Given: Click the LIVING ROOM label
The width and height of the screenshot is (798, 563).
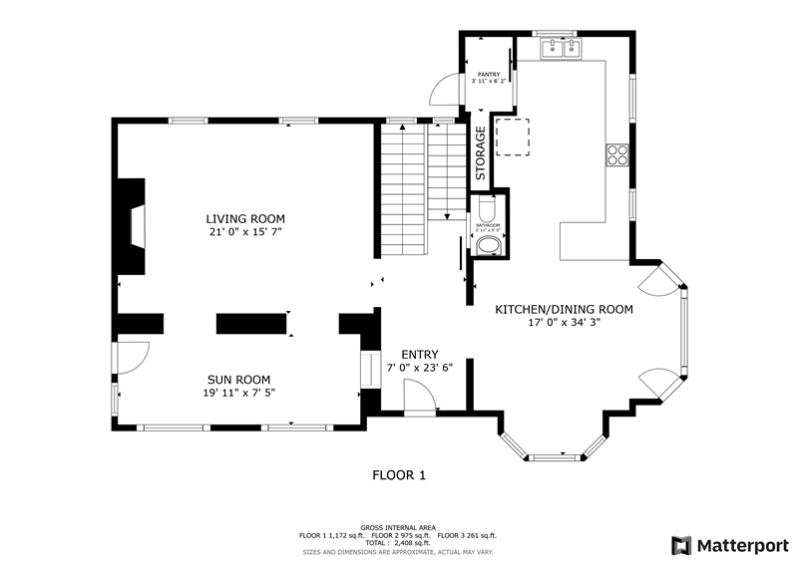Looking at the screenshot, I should [x=245, y=219].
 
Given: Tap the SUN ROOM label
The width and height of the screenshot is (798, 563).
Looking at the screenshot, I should [x=239, y=379].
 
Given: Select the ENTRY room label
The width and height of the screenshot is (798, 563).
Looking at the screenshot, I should [x=419, y=355].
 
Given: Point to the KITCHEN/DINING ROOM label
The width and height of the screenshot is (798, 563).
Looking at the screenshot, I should [x=565, y=309].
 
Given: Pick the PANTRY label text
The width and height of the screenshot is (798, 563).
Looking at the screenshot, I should [x=488, y=75].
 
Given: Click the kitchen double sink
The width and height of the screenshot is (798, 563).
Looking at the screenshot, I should [x=561, y=48].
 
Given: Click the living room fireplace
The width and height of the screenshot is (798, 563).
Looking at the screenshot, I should [x=133, y=227].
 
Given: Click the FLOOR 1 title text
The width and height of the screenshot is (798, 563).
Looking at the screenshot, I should [x=399, y=475].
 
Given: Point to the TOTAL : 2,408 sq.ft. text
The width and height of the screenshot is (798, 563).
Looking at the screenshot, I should [x=399, y=542].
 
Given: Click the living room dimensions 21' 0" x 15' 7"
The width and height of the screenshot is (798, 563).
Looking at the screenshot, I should [x=245, y=232].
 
